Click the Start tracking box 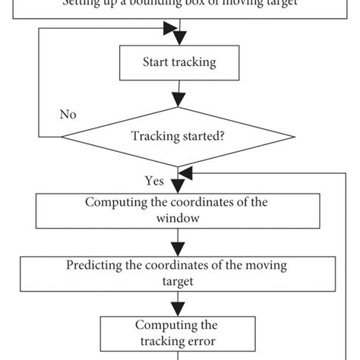tap(178, 63)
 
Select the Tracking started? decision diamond tap(178, 137)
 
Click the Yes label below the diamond tap(154, 181)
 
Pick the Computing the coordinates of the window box tap(178, 210)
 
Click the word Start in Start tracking tap(156, 63)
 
